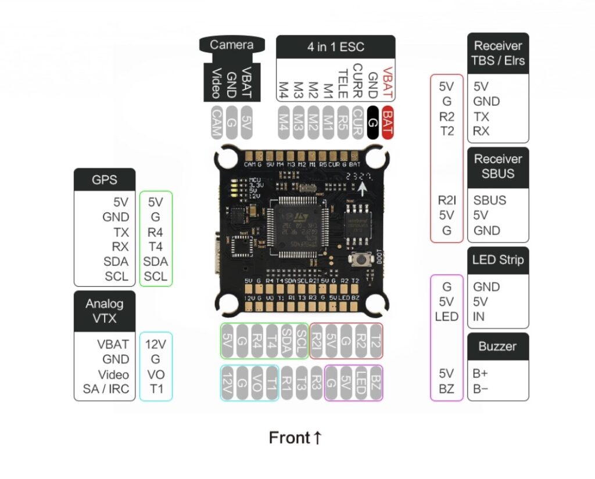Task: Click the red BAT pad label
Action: pyautogui.click(x=388, y=123)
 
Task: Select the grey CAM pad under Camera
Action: pyautogui.click(x=216, y=123)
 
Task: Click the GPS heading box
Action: pyautogui.click(x=105, y=179)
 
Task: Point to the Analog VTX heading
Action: pyautogui.click(x=105, y=311)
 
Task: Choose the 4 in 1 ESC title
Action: pyautogui.click(x=335, y=45)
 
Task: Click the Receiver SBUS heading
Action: pyautogui.click(x=498, y=166)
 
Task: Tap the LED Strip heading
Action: pyautogui.click(x=498, y=260)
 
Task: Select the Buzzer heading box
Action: pyautogui.click(x=498, y=346)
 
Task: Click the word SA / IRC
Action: pyautogui.click(x=106, y=389)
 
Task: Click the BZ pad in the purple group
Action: pyautogui.click(x=375, y=383)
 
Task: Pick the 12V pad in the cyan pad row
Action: pyautogui.click(x=228, y=383)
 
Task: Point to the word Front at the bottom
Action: pyautogui.click(x=289, y=438)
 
